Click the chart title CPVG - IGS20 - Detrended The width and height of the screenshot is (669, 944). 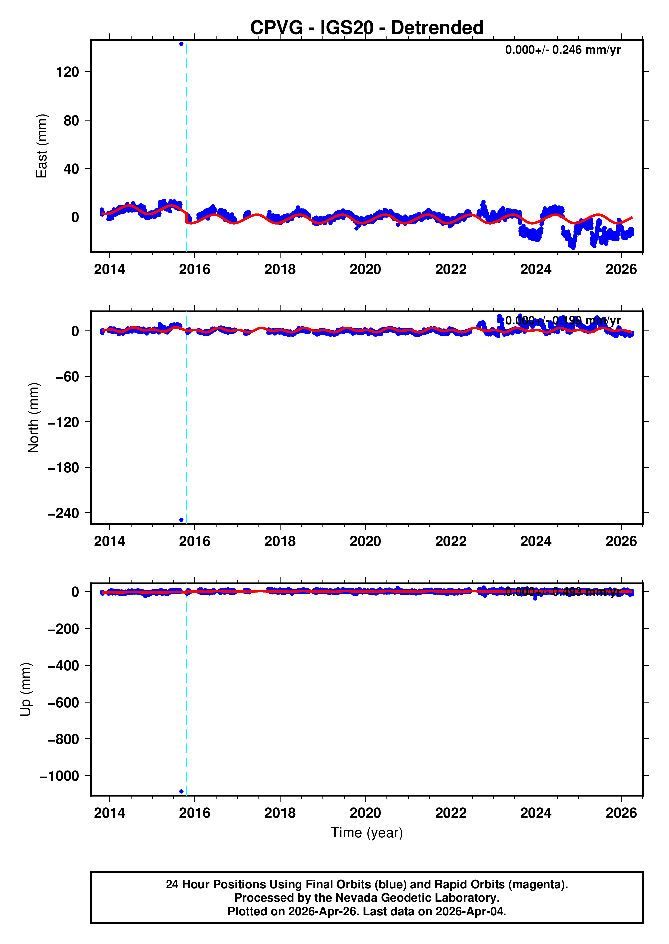pyautogui.click(x=366, y=28)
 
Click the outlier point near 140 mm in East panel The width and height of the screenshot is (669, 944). pyautogui.click(x=182, y=44)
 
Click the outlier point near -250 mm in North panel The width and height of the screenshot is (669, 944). pyautogui.click(x=182, y=520)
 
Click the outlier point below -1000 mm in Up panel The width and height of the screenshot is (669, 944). pyautogui.click(x=182, y=791)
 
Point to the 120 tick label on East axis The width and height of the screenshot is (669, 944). pyautogui.click(x=67, y=72)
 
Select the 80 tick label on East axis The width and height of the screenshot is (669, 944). pyautogui.click(x=71, y=120)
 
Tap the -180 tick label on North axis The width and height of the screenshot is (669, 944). pyautogui.click(x=63, y=468)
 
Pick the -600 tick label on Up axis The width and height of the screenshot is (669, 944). pyautogui.click(x=63, y=703)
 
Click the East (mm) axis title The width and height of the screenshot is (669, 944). pyautogui.click(x=42, y=146)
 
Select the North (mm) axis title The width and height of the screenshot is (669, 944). pyautogui.click(x=33, y=418)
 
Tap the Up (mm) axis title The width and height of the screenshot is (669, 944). pyautogui.click(x=26, y=690)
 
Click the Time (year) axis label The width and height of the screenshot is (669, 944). pyautogui.click(x=367, y=833)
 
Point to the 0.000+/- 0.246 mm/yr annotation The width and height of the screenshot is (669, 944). pyautogui.click(x=563, y=50)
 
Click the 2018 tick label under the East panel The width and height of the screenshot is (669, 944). pyautogui.click(x=280, y=269)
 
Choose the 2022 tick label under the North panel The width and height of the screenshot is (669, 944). pyautogui.click(x=450, y=541)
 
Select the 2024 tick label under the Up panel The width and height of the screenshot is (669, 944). pyautogui.click(x=535, y=813)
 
